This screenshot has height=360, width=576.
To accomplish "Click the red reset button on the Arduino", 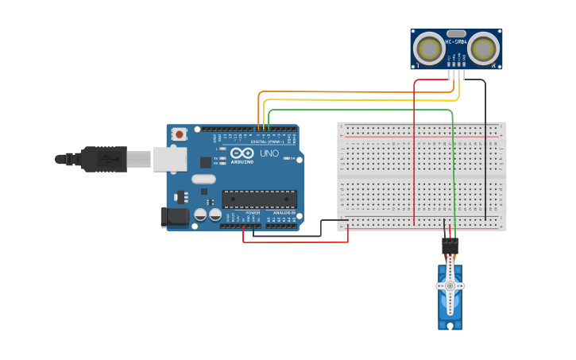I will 180,134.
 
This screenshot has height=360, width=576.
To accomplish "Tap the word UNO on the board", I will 269,153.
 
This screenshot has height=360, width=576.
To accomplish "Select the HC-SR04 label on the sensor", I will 456,42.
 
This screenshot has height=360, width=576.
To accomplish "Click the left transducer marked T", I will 429,49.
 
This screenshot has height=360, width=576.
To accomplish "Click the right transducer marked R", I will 483,49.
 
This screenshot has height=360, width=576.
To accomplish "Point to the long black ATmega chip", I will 260,199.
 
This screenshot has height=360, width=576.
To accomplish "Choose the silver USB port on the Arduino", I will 170,158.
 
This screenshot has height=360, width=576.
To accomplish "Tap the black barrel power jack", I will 174,217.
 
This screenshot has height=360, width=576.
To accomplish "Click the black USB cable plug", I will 104,159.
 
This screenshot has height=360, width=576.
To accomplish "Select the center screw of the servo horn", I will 450,285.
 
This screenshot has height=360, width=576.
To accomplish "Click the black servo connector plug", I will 450,246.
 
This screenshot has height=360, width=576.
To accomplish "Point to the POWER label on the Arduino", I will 253,213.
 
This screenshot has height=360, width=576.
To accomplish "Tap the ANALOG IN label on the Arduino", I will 284,213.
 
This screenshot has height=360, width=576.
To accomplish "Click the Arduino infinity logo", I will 242,153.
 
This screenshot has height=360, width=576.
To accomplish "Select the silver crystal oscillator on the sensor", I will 456,34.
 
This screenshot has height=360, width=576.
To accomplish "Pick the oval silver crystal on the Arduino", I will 203,179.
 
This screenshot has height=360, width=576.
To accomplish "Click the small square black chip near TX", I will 206,161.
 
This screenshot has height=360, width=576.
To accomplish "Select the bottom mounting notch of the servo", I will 450,324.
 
